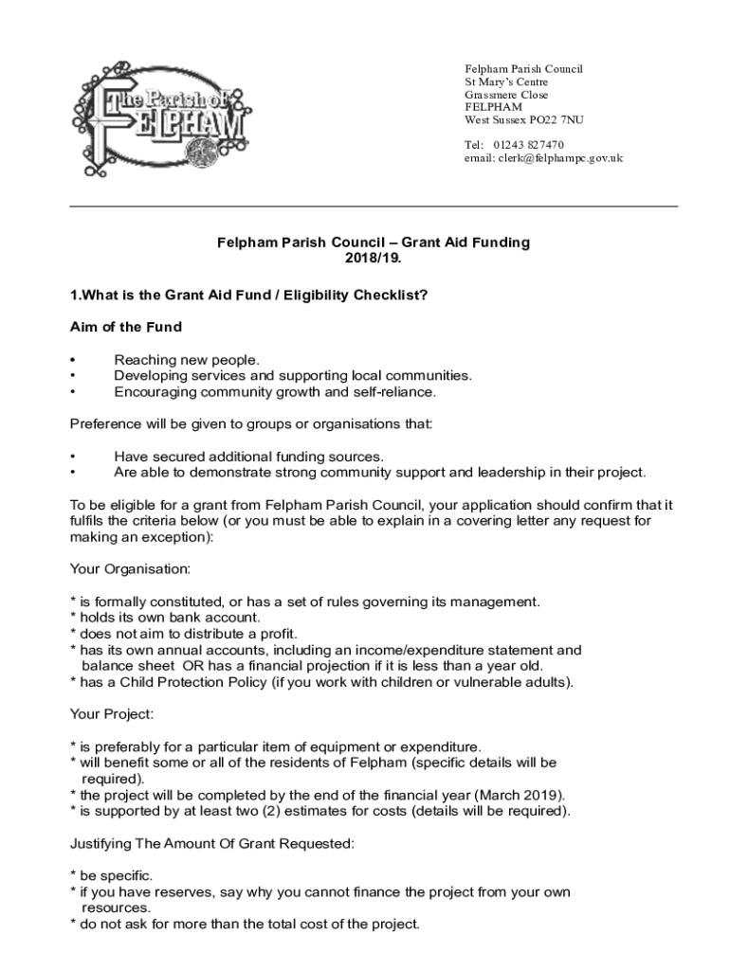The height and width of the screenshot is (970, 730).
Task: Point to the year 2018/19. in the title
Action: pos(374,258)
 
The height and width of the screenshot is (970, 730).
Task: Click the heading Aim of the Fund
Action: pos(126,327)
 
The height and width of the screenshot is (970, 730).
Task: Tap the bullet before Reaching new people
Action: pos(74,360)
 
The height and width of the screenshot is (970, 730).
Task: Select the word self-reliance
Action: pos(395,391)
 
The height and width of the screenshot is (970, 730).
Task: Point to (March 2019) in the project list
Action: pos(512,794)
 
